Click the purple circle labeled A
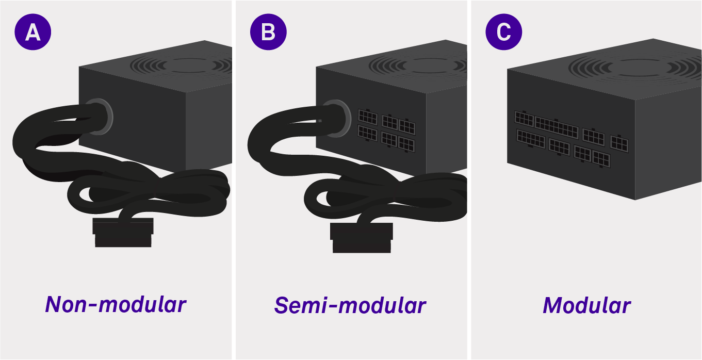click(x=33, y=32)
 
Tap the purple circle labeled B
click(x=268, y=32)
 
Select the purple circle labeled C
click(x=503, y=32)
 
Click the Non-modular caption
click(x=116, y=304)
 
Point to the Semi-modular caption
click(x=350, y=305)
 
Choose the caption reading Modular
click(x=586, y=305)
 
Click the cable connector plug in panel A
click(x=123, y=233)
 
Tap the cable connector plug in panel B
click(x=362, y=238)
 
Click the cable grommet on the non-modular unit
click(x=100, y=117)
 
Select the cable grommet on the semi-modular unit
click(x=337, y=119)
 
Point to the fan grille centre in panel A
click(x=187, y=65)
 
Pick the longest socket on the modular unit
click(x=556, y=127)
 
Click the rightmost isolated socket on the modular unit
click(x=619, y=144)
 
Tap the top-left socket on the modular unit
click(x=524, y=119)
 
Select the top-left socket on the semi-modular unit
click(x=368, y=117)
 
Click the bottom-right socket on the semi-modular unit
click(x=406, y=144)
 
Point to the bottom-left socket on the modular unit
click(x=531, y=139)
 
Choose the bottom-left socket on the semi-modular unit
click(x=367, y=133)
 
